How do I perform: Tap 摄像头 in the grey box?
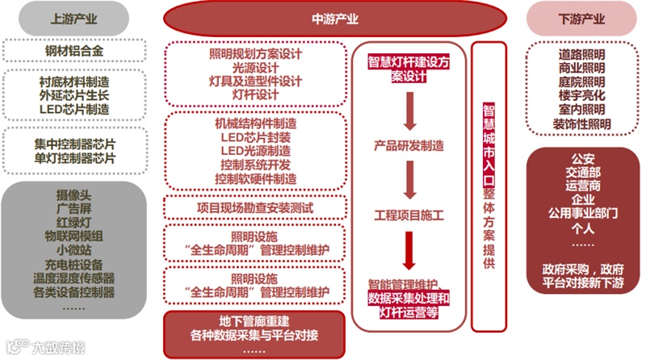tap(74, 195)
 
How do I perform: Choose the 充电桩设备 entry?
tap(74, 264)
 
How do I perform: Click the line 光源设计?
tap(255, 68)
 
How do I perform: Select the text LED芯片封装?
tap(255, 137)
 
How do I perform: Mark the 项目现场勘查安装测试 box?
tap(255, 206)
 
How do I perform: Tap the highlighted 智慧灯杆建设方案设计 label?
tap(409, 68)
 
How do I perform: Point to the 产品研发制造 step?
tap(409, 146)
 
